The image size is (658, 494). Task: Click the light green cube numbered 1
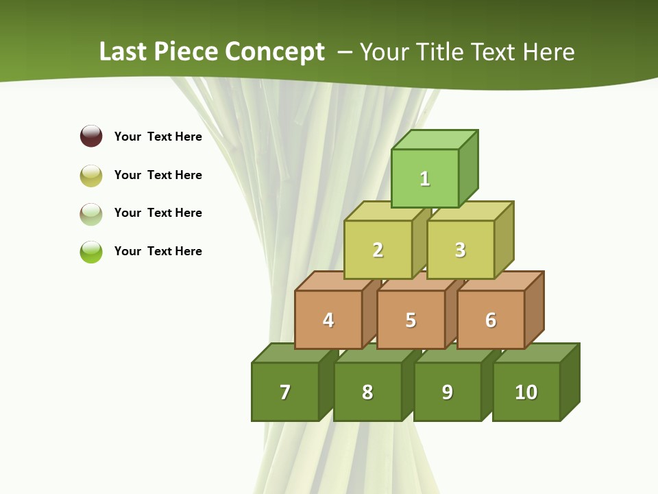coord(425,178)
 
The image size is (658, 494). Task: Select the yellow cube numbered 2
coord(378,250)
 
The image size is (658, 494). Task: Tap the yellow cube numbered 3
coord(460,250)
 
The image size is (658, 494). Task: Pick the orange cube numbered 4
coord(328,320)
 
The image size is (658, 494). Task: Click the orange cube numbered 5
coord(411,320)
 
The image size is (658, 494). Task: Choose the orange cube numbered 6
coord(491,320)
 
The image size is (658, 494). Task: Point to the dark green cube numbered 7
coord(285,392)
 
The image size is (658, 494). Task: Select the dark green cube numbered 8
coord(367,392)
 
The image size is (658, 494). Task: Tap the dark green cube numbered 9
coord(447,392)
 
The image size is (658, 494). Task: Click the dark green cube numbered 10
coord(526,392)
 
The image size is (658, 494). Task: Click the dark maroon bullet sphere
coord(91,136)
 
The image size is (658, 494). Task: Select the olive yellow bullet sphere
coord(91,176)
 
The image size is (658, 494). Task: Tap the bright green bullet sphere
coord(91,252)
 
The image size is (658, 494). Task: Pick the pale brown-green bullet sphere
coord(91,214)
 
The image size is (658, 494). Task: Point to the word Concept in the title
coord(276,51)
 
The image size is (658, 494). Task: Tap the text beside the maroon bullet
coord(158,137)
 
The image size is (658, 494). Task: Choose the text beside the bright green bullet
coord(158,251)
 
